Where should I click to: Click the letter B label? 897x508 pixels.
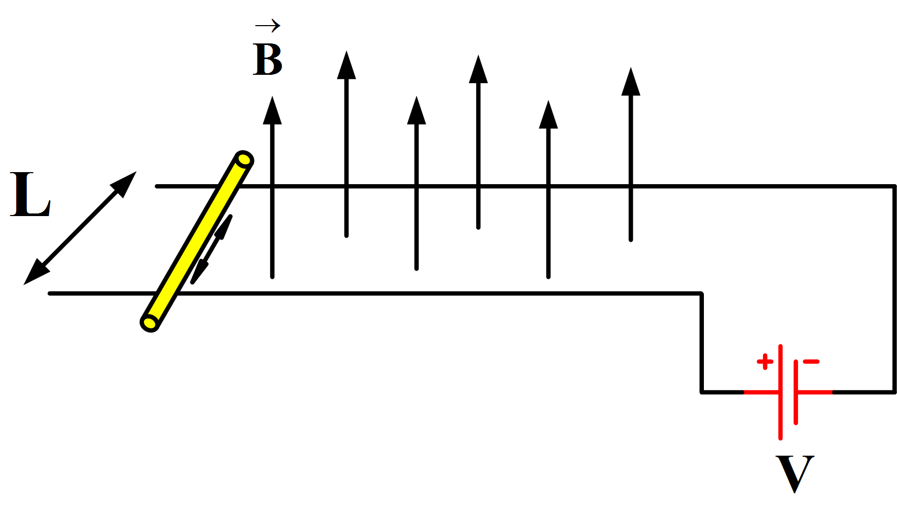pos(267,60)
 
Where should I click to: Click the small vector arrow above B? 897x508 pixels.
pos(267,25)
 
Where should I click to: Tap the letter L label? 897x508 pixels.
pos(30,195)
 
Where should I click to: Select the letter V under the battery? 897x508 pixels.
pos(794,473)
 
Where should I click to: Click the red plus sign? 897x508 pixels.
pos(765,362)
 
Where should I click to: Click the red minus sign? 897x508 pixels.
pos(811,361)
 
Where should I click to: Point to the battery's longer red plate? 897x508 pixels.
pos(780,391)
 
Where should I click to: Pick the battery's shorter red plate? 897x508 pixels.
pos(795,391)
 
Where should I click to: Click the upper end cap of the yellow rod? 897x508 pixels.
pos(244,159)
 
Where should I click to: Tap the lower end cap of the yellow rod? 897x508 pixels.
pos(150,323)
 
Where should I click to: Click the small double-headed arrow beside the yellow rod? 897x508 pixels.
pos(211,250)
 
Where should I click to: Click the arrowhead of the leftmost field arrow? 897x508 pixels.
pos(272,111)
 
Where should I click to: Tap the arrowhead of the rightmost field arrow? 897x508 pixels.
pos(631,82)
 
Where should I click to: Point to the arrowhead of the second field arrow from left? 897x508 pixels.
pos(346,65)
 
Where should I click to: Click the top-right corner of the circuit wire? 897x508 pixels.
pos(894,186)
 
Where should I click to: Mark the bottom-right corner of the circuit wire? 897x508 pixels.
pos(894,391)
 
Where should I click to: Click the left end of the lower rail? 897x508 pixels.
pos(51,293)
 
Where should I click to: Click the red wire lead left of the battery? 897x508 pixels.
pos(761,391)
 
